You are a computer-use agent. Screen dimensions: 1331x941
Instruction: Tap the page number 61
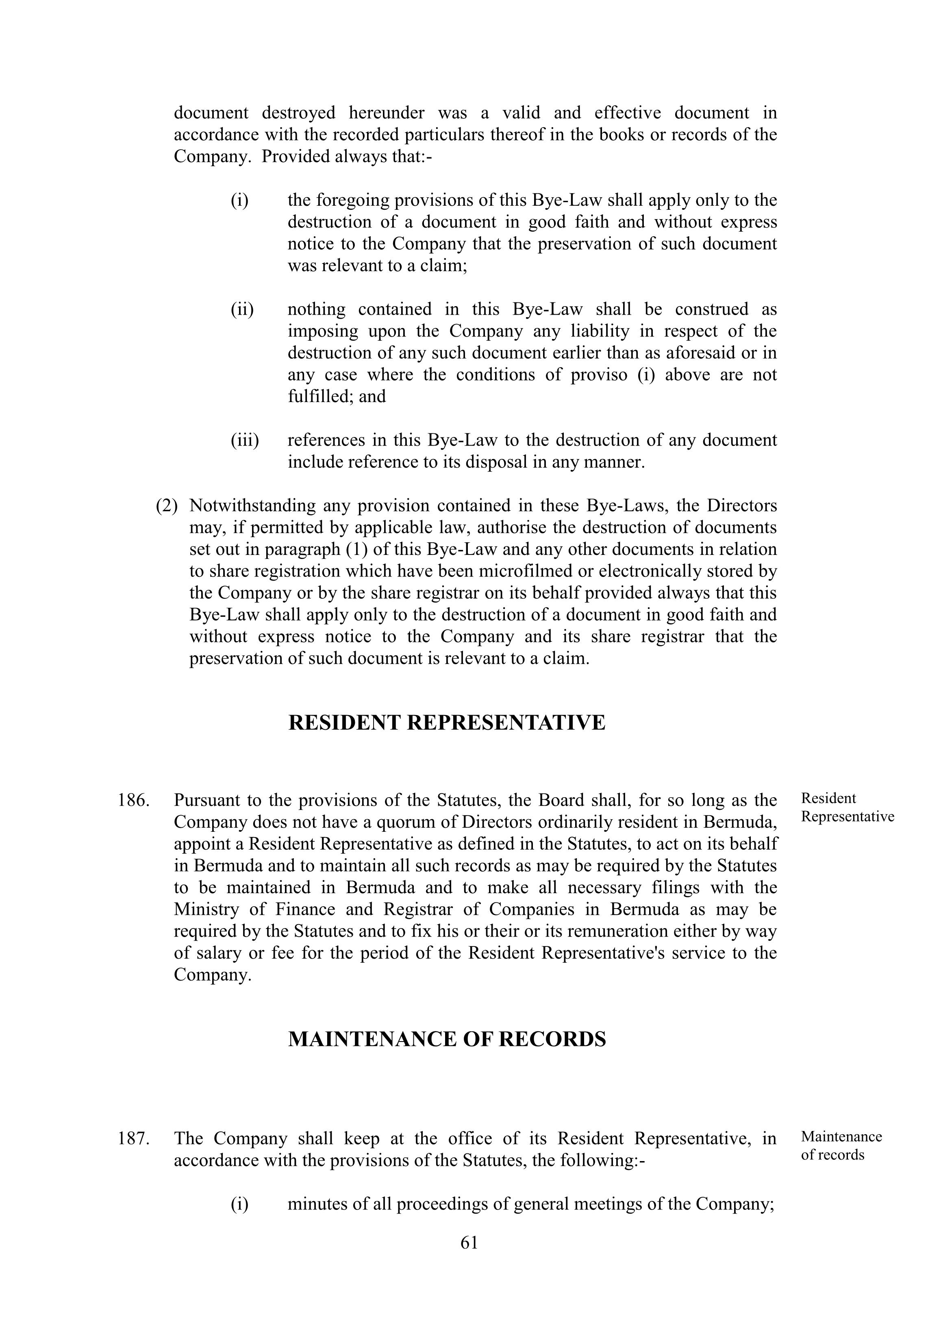coord(469,1242)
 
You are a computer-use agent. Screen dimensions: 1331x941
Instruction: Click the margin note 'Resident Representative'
coord(847,807)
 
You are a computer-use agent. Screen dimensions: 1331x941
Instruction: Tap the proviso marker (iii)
coord(245,440)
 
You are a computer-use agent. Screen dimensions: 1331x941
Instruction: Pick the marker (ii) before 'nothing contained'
coord(242,309)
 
